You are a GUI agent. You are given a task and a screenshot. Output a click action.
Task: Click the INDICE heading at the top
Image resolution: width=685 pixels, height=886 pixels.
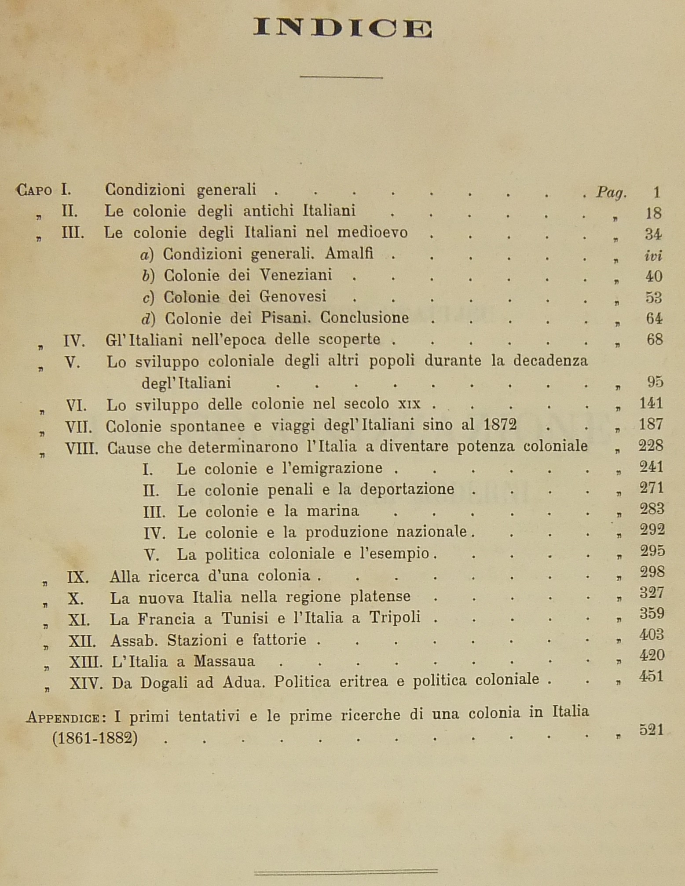tap(342, 29)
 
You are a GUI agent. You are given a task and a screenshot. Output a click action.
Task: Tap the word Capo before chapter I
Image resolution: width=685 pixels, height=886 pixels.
tap(34, 191)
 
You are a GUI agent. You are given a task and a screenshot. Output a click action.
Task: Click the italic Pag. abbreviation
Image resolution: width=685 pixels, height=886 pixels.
tap(611, 192)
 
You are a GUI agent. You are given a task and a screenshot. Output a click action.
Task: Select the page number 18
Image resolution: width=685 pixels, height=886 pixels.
tap(653, 213)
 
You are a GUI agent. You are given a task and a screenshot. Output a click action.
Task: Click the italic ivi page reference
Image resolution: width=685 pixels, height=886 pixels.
tap(653, 255)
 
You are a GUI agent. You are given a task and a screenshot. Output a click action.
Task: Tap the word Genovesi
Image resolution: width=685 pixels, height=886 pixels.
tap(292, 296)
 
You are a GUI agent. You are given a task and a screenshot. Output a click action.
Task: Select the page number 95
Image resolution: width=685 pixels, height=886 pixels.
tap(655, 383)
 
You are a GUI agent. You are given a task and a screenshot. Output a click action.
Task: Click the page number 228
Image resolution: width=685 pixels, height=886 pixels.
tap(651, 446)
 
